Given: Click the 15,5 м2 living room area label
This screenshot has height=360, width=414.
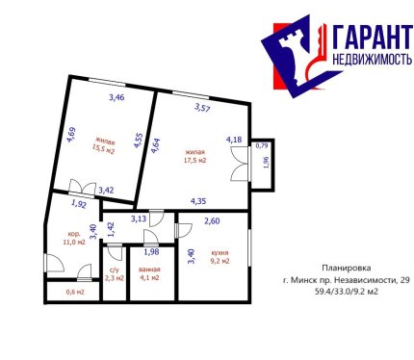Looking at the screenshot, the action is tap(103, 145).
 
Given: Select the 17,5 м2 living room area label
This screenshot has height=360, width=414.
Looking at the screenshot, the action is tap(194, 156).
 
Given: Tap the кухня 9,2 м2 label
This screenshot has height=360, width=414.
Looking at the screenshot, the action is tap(220, 257).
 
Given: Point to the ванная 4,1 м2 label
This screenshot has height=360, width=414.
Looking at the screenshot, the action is tap(149, 273).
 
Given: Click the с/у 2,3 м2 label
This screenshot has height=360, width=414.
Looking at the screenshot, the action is tap(115, 274).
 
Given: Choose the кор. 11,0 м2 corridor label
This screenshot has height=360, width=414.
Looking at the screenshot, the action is tap(74, 238).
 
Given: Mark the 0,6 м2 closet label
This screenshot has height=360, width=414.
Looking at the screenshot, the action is tap(75, 293).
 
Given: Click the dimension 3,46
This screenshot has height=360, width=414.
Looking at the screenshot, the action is tap(116, 97).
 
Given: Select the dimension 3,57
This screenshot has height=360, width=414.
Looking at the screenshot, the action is tap(202, 108).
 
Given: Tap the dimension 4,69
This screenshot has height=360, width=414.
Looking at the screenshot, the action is tap(71, 135).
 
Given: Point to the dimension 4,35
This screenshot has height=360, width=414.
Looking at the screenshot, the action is tap(198, 201).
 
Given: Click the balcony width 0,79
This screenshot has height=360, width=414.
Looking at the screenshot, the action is tap(262, 146).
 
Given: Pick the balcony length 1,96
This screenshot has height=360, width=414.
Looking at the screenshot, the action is tap(266, 163).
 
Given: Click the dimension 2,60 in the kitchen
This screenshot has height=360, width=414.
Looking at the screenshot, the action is tap(212, 220).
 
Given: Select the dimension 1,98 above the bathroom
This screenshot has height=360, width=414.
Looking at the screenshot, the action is tap(151, 252).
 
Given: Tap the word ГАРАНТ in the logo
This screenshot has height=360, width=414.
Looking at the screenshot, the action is tap(373, 38).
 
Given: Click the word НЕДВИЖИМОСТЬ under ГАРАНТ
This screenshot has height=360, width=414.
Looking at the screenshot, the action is tap(372, 59).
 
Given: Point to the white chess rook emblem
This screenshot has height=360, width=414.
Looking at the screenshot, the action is tap(292, 57).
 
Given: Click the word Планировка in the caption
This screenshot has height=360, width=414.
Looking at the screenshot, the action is tap(347, 268).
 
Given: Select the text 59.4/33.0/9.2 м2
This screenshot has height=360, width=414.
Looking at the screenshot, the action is tap(347, 292).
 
